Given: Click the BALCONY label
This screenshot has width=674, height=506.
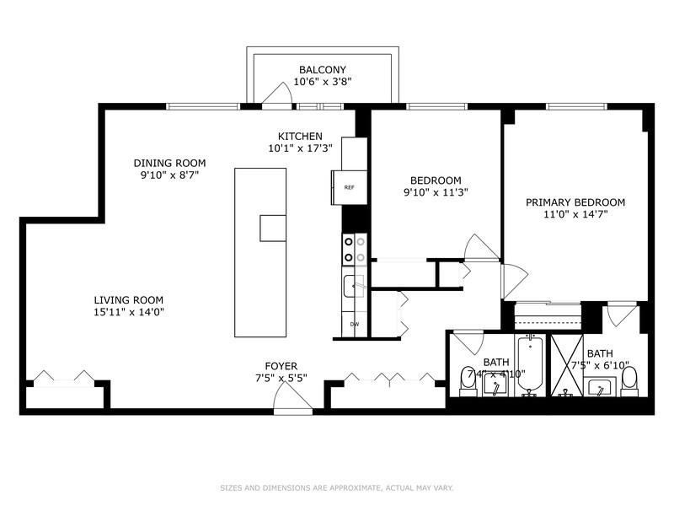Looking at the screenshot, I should (x=322, y=69).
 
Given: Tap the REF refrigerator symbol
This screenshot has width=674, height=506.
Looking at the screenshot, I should (x=349, y=187).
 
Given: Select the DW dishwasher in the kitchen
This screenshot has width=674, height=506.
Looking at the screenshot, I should (x=353, y=325).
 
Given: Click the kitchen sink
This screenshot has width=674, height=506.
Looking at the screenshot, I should (x=353, y=286).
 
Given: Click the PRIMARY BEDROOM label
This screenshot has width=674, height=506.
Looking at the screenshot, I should (x=575, y=202).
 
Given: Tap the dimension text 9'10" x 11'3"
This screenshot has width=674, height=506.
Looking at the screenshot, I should (x=435, y=192).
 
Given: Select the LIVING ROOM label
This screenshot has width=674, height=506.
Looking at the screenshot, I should (x=128, y=299).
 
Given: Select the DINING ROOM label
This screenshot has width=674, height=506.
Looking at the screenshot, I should (x=169, y=164).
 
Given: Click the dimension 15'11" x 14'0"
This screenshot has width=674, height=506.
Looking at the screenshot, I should (x=128, y=312).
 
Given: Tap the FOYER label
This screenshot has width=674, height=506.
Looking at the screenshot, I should (x=281, y=366).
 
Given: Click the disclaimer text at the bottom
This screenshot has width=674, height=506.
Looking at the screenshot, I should (x=336, y=487).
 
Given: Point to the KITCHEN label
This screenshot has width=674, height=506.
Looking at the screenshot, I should (x=300, y=136).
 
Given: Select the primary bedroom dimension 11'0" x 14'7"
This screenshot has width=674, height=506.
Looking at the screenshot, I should (x=575, y=214).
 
